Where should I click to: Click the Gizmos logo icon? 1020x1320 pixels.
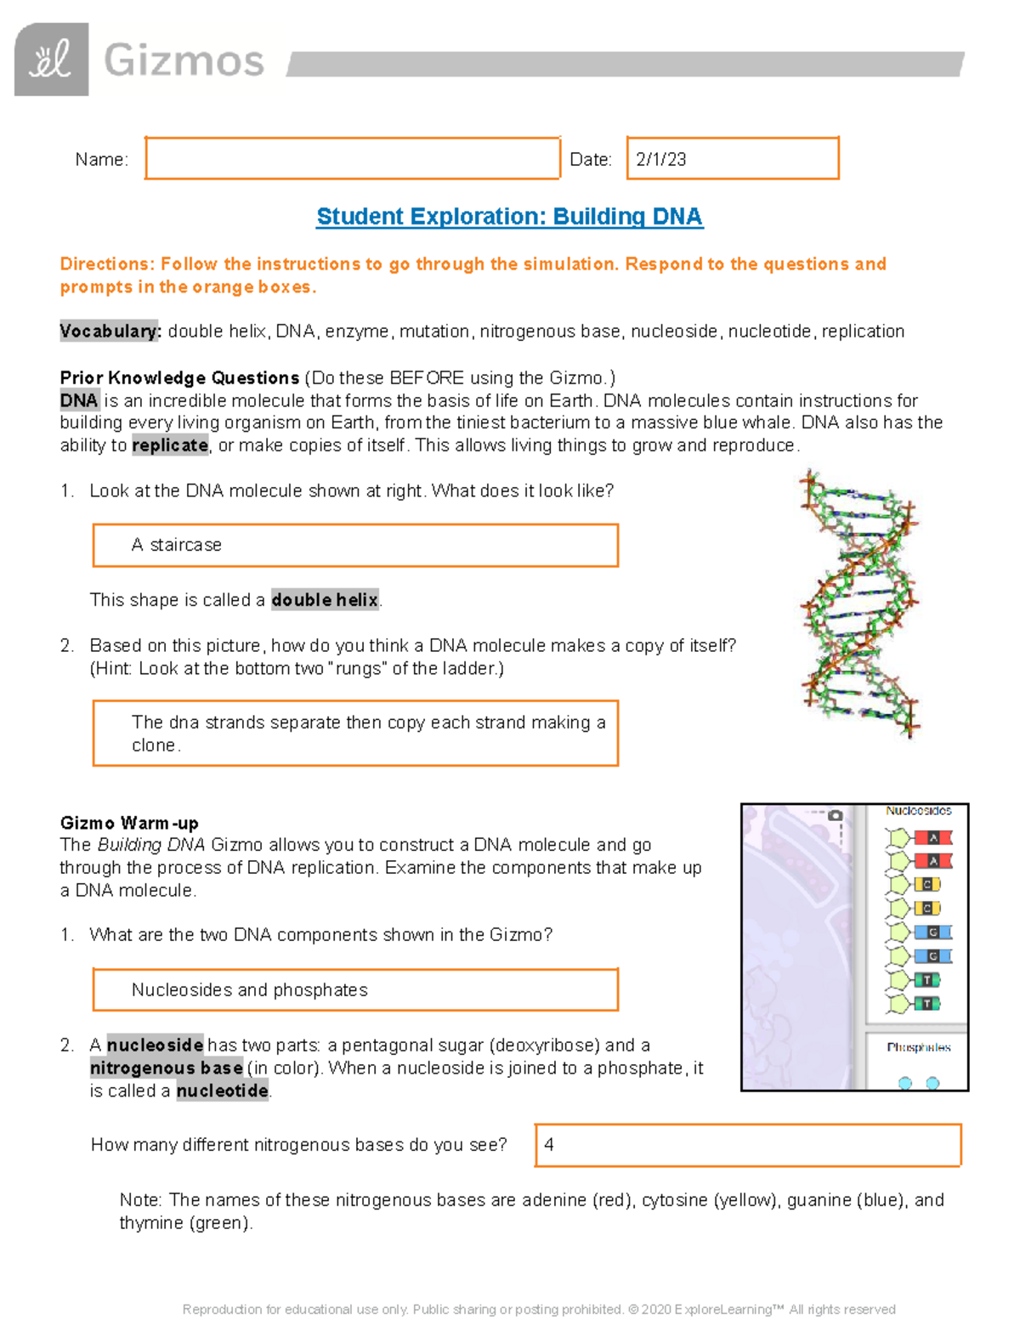coord(51,59)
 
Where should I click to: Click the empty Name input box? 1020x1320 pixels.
coord(352,158)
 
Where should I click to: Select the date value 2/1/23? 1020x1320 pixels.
coord(661,160)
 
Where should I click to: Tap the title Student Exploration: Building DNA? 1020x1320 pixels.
coord(509,217)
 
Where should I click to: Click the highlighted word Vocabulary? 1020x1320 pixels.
coord(110,331)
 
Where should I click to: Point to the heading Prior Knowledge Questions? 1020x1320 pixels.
coord(179,377)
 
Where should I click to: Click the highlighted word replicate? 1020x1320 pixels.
coord(170,445)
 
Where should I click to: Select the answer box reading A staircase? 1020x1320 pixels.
coord(355,545)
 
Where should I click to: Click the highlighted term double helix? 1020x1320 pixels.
coord(325,600)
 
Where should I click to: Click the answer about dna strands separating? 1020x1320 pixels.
coord(355,733)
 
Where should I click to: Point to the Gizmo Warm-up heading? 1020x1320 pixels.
coord(129,823)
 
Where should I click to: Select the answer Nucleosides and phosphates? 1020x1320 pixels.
coord(355,990)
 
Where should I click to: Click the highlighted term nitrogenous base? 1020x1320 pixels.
coord(167,1068)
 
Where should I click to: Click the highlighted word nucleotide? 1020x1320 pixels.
coord(223,1091)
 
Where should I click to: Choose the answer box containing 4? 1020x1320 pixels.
coord(747,1145)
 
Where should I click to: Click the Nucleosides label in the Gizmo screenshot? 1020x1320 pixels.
coord(918,811)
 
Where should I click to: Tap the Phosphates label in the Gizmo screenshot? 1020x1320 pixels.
coord(918,1047)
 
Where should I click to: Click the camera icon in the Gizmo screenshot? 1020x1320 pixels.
coord(836,815)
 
